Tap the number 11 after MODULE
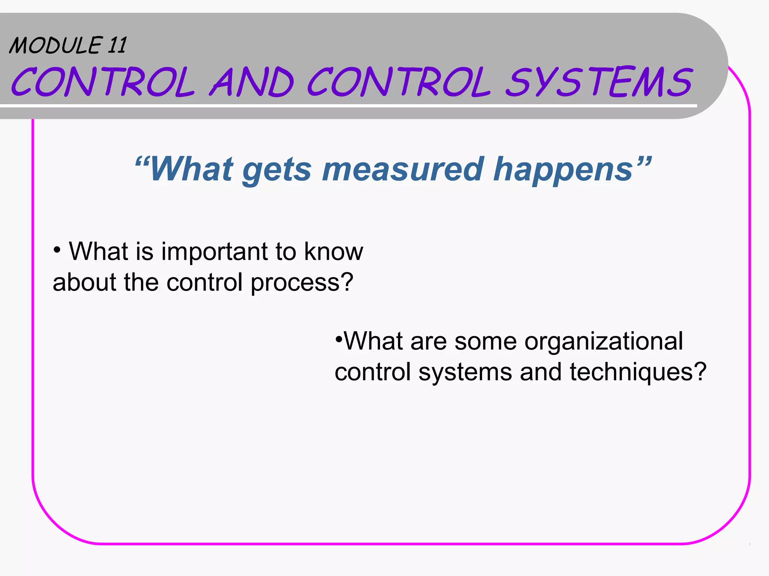point(117,45)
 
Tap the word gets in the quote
point(277,169)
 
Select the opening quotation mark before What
point(142,162)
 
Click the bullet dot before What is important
point(57,249)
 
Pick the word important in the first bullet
point(214,251)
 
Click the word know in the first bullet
point(333,251)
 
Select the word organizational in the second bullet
point(603,342)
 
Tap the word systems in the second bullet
point(465,372)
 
